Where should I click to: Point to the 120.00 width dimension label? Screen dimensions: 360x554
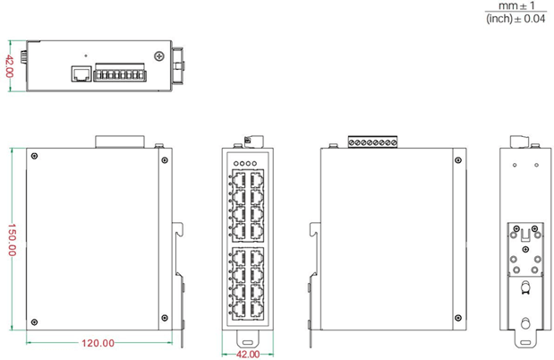tap(98, 343)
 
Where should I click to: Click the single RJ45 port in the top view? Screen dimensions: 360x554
tap(80, 73)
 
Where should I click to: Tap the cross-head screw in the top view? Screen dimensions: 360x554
tap(158, 56)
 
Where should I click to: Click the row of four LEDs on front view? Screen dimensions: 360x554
tap(245, 164)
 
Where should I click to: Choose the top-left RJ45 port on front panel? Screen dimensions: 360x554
tap(236, 182)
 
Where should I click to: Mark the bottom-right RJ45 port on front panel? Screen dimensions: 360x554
tap(255, 308)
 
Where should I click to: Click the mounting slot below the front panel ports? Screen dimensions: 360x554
tap(245, 342)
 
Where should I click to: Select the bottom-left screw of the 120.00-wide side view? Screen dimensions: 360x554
tap(34, 321)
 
